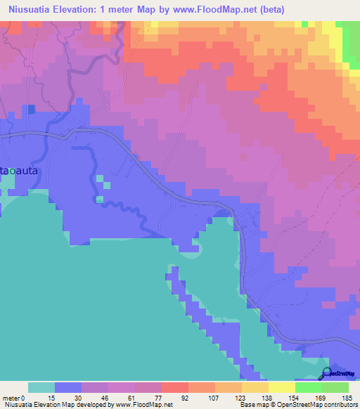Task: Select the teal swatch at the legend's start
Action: tap(41, 387)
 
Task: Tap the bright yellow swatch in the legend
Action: tap(282, 387)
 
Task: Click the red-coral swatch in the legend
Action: tap(175, 387)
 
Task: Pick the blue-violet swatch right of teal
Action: tap(68, 387)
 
